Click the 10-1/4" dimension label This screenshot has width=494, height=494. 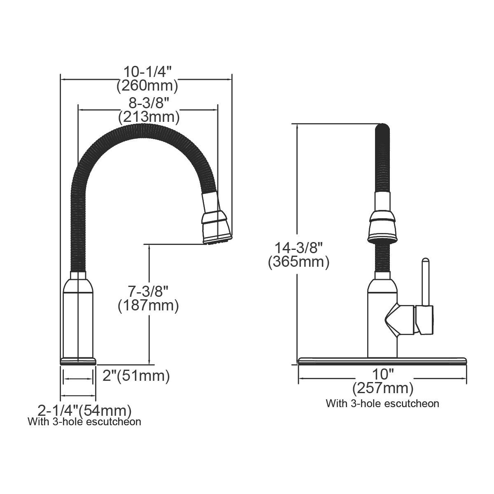point(147,72)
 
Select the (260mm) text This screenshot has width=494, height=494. point(147,86)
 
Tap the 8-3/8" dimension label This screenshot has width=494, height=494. point(149,103)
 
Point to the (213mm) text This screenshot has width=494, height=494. point(149,117)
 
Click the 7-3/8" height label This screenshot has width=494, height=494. point(148,291)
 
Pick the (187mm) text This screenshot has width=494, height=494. point(148,305)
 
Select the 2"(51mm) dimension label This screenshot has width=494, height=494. point(136,376)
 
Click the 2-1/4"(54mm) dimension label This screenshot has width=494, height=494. point(84,410)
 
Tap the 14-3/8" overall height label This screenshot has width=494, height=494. point(298,247)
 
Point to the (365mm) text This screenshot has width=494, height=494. point(298,262)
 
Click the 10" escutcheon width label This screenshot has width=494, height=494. point(383,374)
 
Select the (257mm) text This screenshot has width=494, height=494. point(383,388)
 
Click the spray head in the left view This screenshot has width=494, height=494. point(216,222)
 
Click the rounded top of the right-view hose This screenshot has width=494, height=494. point(382,128)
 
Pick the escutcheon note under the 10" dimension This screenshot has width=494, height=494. point(382,403)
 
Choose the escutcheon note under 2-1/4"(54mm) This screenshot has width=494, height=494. point(84,422)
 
